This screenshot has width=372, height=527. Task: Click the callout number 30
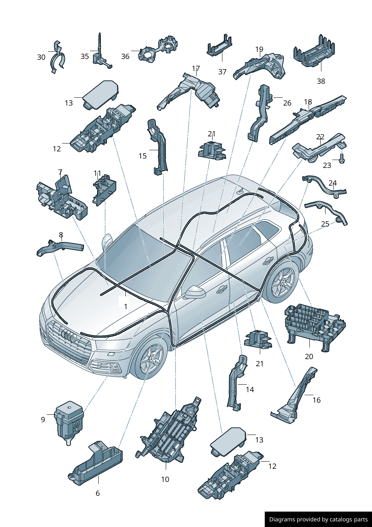click(x=41, y=57)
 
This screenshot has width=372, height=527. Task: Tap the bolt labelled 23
click(x=342, y=159)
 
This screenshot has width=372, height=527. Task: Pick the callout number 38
click(x=321, y=81)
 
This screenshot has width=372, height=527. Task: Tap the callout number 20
click(x=309, y=356)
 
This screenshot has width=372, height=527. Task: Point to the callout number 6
click(x=98, y=493)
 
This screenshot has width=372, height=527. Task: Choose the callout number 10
click(x=165, y=479)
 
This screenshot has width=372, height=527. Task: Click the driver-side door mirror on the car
click(x=195, y=292)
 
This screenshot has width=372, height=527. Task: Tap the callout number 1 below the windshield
click(x=126, y=306)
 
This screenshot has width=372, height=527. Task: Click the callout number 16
click(x=316, y=400)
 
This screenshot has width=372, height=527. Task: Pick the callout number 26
click(x=287, y=103)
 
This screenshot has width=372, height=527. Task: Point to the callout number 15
click(x=142, y=156)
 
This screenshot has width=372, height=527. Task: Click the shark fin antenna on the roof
click(x=241, y=192)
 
